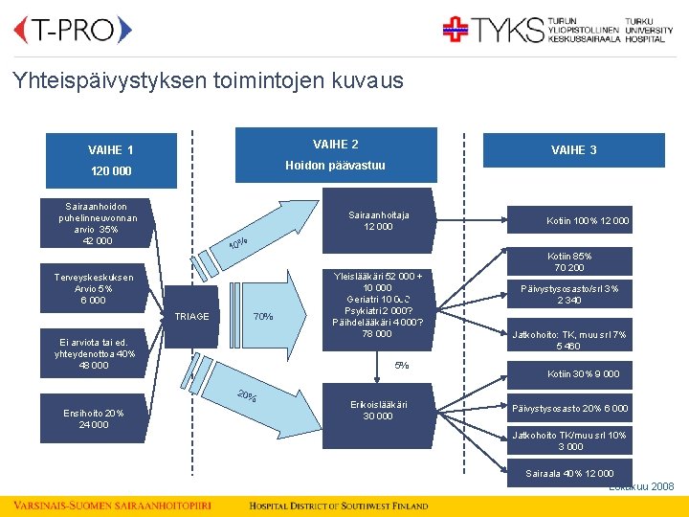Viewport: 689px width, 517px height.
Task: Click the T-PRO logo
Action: coord(73,31)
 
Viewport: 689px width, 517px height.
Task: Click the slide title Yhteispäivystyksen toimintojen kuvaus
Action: coord(209,80)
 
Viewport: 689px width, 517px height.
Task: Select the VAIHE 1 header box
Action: coord(111,150)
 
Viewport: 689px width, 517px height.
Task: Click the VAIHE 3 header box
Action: coord(574,150)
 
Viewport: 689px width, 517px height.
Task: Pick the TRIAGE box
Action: coord(192,316)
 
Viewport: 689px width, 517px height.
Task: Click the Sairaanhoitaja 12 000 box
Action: coord(379,221)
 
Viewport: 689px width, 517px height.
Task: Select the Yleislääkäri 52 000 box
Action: coord(379,304)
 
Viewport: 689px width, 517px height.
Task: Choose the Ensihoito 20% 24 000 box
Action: coord(94,418)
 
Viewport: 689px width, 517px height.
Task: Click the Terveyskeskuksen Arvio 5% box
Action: coord(94,289)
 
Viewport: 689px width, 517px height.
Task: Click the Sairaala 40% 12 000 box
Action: coord(569,474)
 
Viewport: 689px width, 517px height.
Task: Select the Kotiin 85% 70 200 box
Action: coord(569,261)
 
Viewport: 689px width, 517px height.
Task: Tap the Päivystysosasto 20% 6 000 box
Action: coord(569,409)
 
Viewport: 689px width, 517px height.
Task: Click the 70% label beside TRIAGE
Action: coord(262,317)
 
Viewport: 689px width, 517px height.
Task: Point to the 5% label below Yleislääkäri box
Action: coord(402,365)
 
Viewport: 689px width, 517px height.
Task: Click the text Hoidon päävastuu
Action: coord(335,165)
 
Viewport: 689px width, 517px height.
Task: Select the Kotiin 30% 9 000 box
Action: coord(583,373)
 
